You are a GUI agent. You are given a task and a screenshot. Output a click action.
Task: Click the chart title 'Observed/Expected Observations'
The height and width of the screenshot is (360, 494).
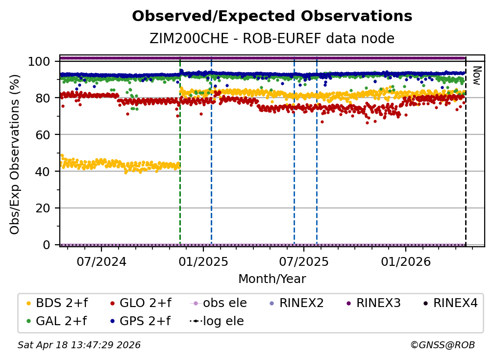click(272, 16)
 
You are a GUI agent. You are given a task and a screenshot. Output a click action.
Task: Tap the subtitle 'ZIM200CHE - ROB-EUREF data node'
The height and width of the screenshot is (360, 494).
click(272, 39)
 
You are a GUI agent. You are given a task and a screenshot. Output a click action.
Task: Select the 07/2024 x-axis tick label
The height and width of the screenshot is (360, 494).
click(101, 261)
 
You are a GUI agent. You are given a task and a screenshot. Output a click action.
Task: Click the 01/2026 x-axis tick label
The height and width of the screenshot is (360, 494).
click(405, 261)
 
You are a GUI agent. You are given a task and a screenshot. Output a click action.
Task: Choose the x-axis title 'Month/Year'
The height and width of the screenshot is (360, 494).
click(272, 279)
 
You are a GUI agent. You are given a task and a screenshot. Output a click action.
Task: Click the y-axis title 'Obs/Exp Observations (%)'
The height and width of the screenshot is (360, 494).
click(15, 154)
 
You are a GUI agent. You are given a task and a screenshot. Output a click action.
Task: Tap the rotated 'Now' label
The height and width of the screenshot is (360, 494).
click(475, 76)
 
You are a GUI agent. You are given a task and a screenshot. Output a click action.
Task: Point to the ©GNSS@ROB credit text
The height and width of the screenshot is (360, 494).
click(442, 345)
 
